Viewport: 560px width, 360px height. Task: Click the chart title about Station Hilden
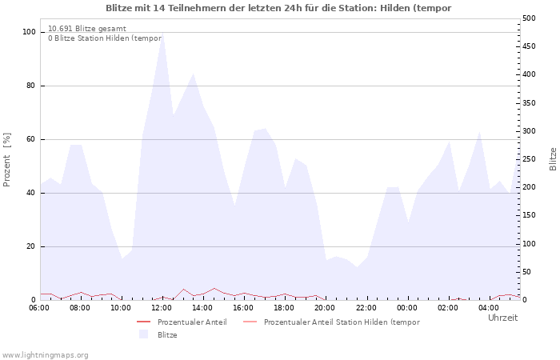(x=278, y=8)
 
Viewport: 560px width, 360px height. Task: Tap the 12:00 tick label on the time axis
(x=162, y=308)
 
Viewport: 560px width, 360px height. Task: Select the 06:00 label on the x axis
(x=39, y=308)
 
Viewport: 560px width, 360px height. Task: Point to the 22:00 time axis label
(x=366, y=308)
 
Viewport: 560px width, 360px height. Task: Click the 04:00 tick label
(x=489, y=308)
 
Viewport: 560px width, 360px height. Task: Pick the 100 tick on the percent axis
(x=29, y=32)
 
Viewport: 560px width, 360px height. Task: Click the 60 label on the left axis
(x=30, y=139)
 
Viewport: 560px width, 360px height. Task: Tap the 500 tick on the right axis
(x=529, y=18)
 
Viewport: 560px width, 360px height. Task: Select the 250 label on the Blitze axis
(x=529, y=159)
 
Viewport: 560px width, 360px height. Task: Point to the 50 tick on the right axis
(x=526, y=272)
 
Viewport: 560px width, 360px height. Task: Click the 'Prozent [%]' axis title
(x=6, y=160)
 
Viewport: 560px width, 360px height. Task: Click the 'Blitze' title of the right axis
(x=553, y=159)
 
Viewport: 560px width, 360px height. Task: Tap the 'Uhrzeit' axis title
(x=503, y=318)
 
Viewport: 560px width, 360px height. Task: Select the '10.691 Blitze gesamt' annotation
(x=87, y=29)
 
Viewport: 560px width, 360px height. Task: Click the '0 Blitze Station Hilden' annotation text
(x=105, y=38)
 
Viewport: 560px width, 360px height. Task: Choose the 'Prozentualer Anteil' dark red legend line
(x=143, y=322)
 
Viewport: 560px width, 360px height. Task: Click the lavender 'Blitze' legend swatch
(x=143, y=334)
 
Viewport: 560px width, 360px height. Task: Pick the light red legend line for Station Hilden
(x=250, y=322)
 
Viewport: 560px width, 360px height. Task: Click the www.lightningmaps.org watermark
(x=45, y=355)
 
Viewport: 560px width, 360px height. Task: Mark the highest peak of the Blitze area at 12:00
(x=162, y=32)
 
